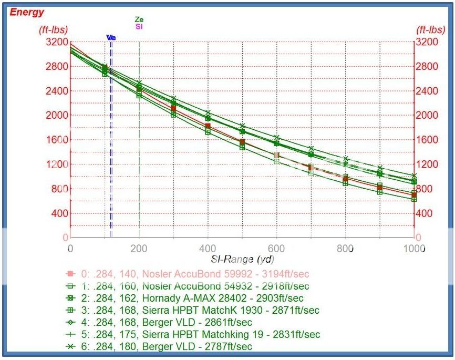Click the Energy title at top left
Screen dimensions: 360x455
point(27,12)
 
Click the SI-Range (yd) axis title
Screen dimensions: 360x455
point(243,259)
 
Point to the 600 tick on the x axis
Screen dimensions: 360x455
point(277,248)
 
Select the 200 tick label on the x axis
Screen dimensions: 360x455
point(139,248)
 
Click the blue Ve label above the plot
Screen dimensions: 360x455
point(111,37)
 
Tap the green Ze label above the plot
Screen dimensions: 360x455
point(139,19)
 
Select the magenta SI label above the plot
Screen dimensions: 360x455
point(139,26)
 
